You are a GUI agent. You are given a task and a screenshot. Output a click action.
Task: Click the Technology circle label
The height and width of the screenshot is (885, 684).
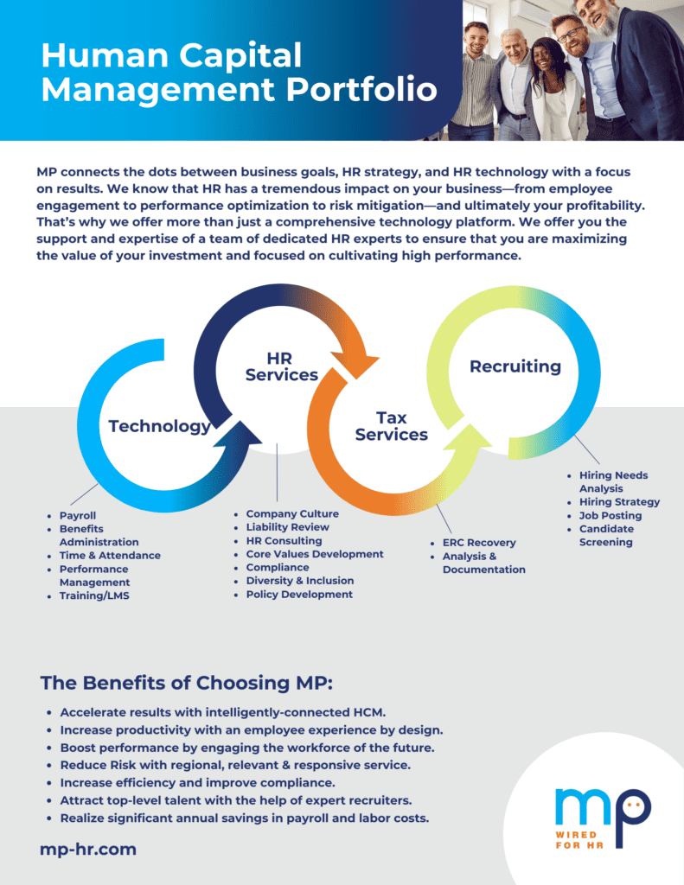click(x=160, y=426)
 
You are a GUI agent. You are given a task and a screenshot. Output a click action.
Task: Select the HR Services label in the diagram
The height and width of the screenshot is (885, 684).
click(x=281, y=366)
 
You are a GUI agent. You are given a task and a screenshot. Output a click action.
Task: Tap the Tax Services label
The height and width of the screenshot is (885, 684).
click(x=392, y=426)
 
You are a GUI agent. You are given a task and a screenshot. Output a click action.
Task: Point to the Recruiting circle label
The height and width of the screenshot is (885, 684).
click(x=515, y=366)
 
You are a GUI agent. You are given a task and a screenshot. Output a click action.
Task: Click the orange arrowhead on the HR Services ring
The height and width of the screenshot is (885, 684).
click(x=356, y=364)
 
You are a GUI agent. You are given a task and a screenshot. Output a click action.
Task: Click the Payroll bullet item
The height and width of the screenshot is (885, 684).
click(x=77, y=515)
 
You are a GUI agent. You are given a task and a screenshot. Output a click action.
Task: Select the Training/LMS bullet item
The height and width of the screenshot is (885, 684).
click(x=94, y=595)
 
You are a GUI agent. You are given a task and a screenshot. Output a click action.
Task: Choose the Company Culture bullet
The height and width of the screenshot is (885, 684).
click(x=292, y=513)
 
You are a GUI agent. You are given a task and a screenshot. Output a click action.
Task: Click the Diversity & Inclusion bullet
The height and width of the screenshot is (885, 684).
click(x=300, y=580)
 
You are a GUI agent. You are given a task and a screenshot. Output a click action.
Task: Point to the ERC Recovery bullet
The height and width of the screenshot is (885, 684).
click(x=479, y=543)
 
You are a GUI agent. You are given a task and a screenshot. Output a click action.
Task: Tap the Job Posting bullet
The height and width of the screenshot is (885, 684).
click(x=610, y=515)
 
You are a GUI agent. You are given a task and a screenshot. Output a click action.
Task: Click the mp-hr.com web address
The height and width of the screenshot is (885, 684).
click(x=88, y=849)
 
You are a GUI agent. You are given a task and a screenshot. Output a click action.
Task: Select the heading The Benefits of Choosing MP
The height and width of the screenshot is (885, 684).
click(x=187, y=683)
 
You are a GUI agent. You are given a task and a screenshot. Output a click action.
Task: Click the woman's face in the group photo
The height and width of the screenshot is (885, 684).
click(x=545, y=58)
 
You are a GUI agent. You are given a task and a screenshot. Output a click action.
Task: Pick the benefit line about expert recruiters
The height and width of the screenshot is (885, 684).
click(x=236, y=800)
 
